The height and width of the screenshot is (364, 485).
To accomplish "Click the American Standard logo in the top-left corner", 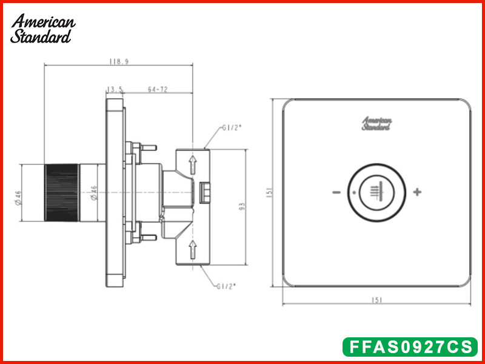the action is [x=42, y=29].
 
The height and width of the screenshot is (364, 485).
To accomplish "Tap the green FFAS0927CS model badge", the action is [x=410, y=347].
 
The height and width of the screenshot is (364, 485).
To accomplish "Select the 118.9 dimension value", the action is [x=119, y=61].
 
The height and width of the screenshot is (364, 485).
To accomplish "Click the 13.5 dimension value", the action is [x=115, y=90].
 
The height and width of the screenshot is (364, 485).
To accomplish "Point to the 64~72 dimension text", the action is [x=158, y=89].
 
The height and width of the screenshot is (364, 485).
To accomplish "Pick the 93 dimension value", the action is [x=242, y=206].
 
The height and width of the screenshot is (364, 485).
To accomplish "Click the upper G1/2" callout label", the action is [x=232, y=128].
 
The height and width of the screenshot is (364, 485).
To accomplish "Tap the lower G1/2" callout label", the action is [x=226, y=286].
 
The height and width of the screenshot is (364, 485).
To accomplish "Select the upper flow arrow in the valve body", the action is [x=193, y=164].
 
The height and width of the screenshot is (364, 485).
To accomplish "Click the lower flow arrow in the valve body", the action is [x=193, y=249].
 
